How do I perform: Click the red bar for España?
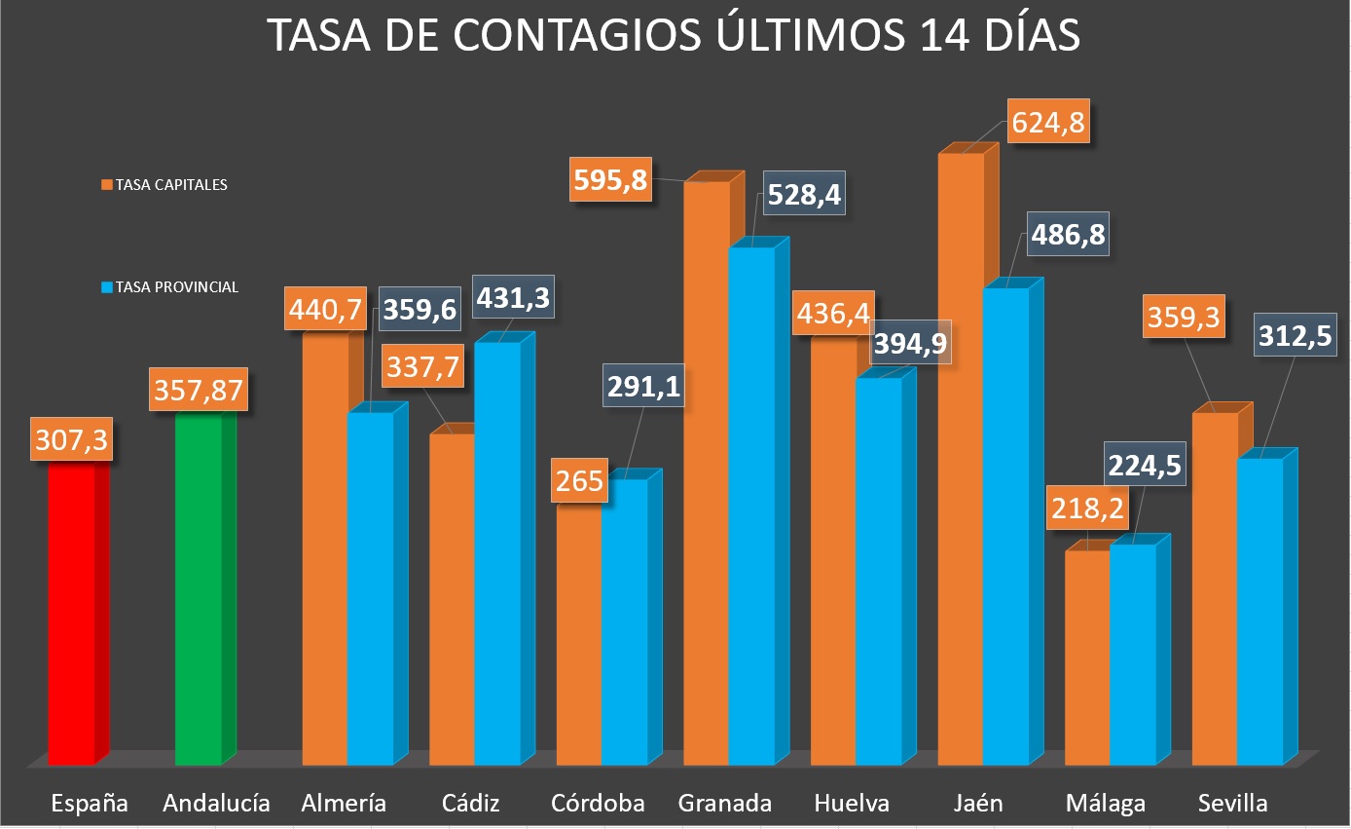tap(72, 614)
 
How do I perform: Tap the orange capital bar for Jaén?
tap(961, 458)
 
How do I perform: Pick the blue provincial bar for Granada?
tap(751, 507)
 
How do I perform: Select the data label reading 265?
tap(580, 480)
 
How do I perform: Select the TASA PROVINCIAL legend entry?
tap(169, 287)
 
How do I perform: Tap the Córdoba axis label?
tap(598, 804)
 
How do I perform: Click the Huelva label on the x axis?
tap(852, 804)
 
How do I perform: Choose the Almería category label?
tap(344, 804)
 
